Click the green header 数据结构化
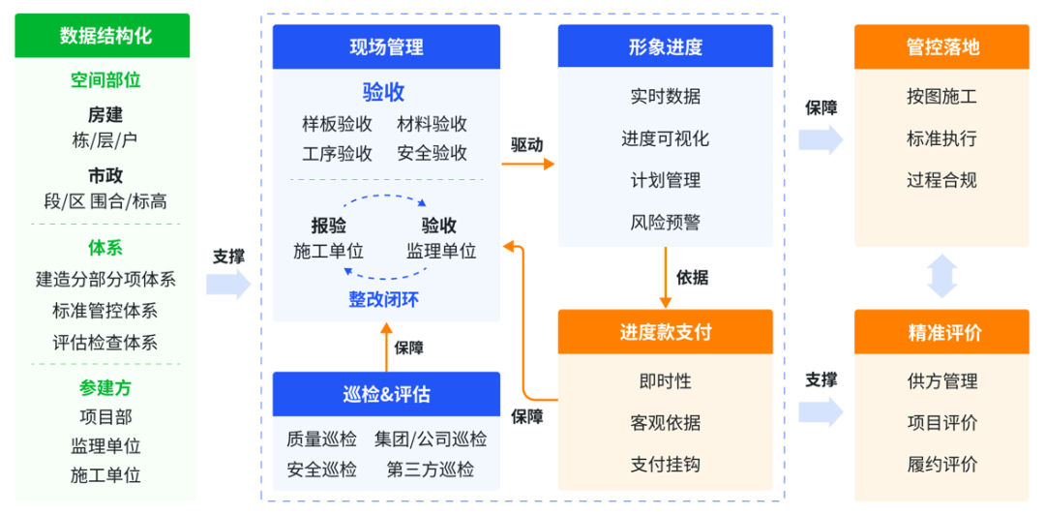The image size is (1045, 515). pyautogui.click(x=105, y=37)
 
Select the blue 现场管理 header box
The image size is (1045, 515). pyautogui.click(x=386, y=46)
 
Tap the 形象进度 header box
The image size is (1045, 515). pyautogui.click(x=665, y=46)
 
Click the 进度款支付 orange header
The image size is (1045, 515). pyautogui.click(x=665, y=332)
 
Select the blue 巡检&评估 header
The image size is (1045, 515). pyautogui.click(x=386, y=394)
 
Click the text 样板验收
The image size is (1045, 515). pyautogui.click(x=338, y=124)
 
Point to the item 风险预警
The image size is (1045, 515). pyautogui.click(x=665, y=223)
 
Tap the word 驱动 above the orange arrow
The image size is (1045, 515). pyautogui.click(x=527, y=144)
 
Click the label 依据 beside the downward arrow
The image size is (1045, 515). pyautogui.click(x=692, y=278)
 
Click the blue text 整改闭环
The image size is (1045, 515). pyautogui.click(x=385, y=299)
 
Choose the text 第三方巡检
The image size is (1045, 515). pyautogui.click(x=431, y=470)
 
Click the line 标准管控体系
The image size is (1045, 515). pyautogui.click(x=105, y=311)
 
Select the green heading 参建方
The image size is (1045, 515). pyautogui.click(x=105, y=388)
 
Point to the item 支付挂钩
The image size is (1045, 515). pyautogui.click(x=665, y=464)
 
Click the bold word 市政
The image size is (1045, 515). pyautogui.click(x=105, y=175)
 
